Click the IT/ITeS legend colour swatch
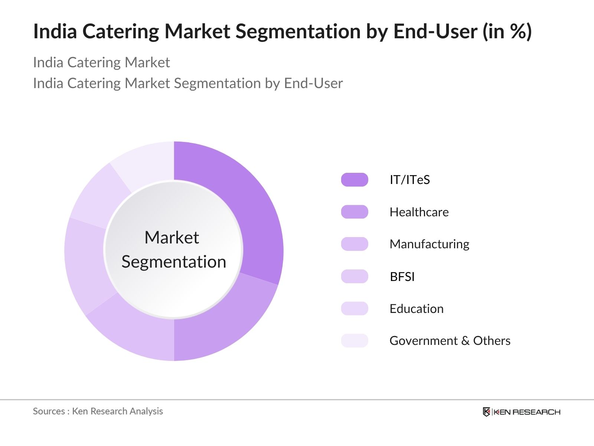pos(355,180)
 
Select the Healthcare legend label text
pos(419,212)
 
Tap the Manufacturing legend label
pos(429,244)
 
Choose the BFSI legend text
pos(402,277)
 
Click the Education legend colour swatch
pos(355,308)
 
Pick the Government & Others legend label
pos(450,341)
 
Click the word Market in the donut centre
pos(172,237)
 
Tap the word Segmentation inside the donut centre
pos(174,262)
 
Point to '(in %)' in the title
pos(507,31)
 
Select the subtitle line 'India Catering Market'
pos(101,62)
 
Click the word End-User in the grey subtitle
pos(313,83)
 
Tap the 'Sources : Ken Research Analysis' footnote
pos(98,411)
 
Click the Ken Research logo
pos(521,412)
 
